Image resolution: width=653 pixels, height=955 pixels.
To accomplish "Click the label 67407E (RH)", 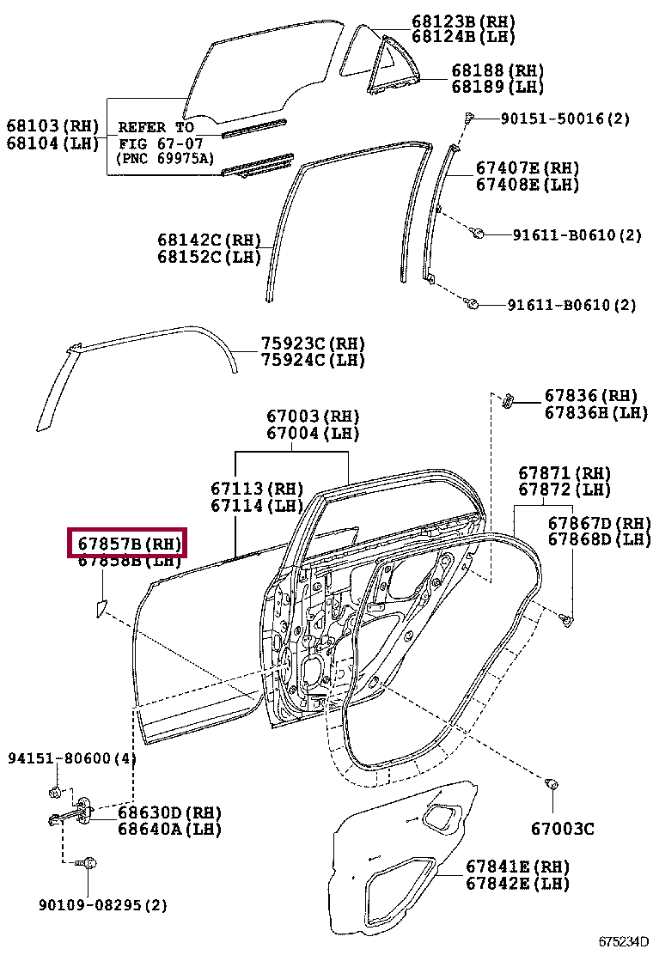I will [527, 168].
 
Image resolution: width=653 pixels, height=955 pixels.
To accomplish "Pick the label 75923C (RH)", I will [313, 344].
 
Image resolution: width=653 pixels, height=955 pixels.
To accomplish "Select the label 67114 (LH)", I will [259, 506].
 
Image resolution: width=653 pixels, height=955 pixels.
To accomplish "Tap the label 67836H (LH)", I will [595, 413].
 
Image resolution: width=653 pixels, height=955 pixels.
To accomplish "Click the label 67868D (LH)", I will [599, 539].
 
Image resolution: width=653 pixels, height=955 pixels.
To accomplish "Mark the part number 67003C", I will [562, 830].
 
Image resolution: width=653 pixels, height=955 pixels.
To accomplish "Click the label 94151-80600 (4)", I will [72, 758].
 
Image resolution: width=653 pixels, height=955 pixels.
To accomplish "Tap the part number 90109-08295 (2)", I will [102, 904].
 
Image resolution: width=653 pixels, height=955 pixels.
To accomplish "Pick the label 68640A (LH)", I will [169, 830].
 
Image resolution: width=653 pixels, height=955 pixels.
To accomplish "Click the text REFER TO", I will [156, 127].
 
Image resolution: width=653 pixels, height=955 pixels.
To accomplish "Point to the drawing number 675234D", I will [625, 941].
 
